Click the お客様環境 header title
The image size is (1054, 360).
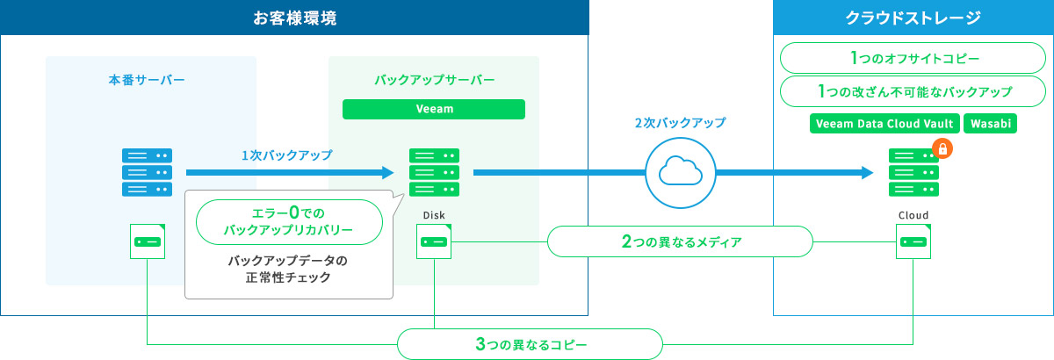click(x=294, y=18)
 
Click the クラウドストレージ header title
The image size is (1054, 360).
click(x=913, y=18)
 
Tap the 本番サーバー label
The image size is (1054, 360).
click(x=147, y=80)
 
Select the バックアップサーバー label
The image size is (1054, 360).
click(x=434, y=80)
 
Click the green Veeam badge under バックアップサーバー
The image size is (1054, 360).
click(x=434, y=109)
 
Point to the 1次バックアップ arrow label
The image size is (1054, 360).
click(x=287, y=155)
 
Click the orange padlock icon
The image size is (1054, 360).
click(x=942, y=149)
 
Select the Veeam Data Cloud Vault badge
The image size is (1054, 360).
click(x=884, y=124)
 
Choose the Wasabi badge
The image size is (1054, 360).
click(x=990, y=124)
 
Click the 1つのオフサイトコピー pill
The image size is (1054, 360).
click(x=913, y=59)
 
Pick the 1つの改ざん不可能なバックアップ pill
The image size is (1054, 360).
click(x=913, y=91)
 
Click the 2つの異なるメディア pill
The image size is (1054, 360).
click(x=680, y=241)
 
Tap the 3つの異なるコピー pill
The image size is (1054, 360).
click(x=530, y=343)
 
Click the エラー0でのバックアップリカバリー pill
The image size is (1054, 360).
click(x=289, y=220)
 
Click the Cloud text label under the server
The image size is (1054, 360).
click(x=913, y=214)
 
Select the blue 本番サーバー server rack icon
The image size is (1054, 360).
click(x=147, y=172)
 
